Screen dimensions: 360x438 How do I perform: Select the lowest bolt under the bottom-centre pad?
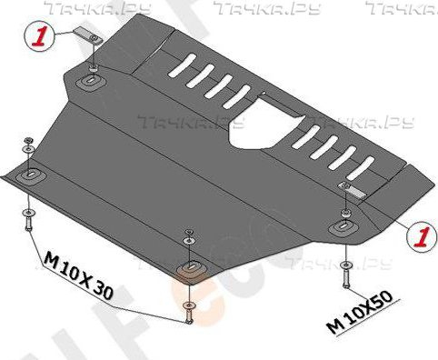188,311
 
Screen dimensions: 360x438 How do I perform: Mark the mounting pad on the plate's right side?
345,224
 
